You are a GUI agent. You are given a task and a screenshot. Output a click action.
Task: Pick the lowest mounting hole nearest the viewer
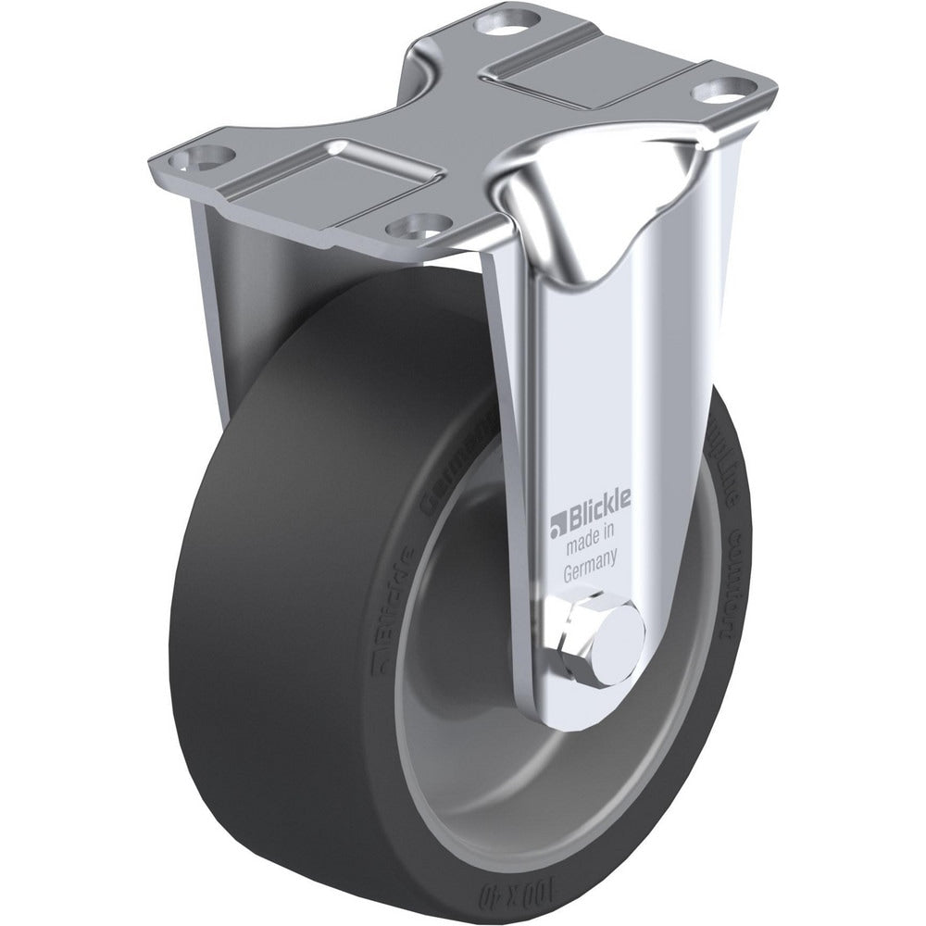[413, 224]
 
